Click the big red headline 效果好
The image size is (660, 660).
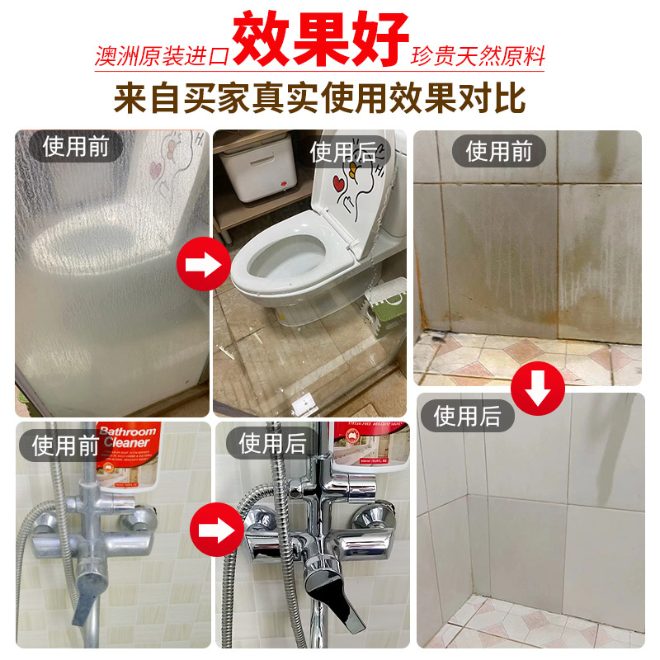pyautogui.click(x=321, y=39)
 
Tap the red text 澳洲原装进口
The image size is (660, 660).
pyautogui.click(x=161, y=58)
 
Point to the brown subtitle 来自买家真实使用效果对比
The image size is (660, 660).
pyautogui.click(x=320, y=97)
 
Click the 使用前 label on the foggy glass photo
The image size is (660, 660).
pyautogui.click(x=76, y=148)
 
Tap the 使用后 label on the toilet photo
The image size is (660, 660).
pyautogui.click(x=342, y=152)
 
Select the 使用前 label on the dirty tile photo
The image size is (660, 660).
pyautogui.click(x=499, y=151)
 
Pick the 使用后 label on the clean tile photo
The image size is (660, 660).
pyautogui.click(x=467, y=415)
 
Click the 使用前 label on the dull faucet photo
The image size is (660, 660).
pyautogui.click(x=66, y=445)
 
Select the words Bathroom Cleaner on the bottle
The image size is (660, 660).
pyautogui.click(x=127, y=438)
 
